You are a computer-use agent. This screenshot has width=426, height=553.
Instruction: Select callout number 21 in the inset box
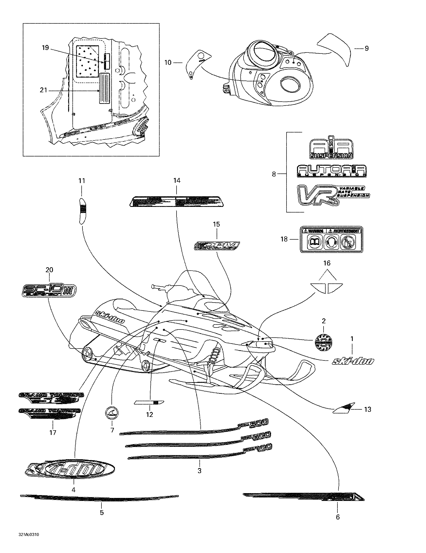[43, 90]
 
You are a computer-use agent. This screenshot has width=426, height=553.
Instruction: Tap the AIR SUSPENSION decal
[331, 149]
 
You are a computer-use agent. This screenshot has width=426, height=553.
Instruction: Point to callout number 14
[176, 181]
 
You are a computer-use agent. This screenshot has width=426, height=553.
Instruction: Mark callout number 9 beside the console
[366, 48]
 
